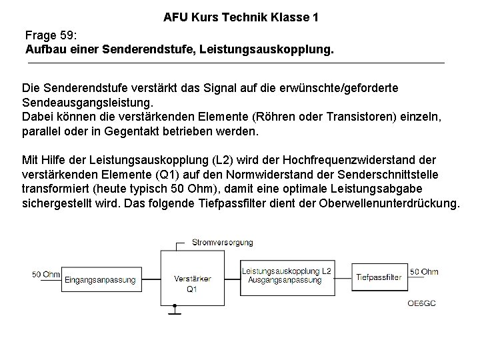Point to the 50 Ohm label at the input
(45, 273)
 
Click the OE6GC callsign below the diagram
(421, 303)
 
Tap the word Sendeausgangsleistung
(87, 103)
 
